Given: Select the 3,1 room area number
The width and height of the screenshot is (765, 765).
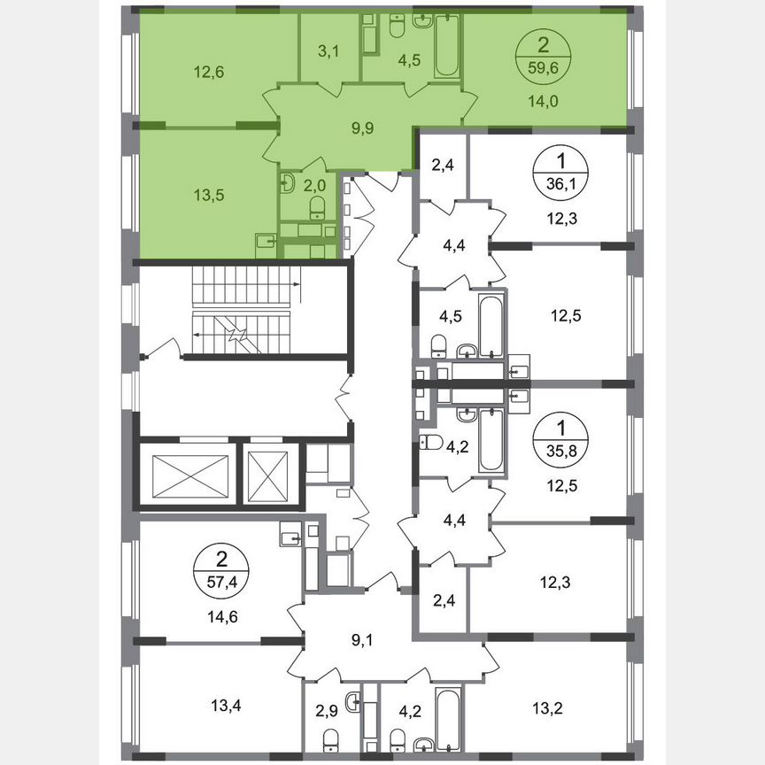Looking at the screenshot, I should [329, 52].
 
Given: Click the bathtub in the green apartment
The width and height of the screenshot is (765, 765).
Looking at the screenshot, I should [445, 46].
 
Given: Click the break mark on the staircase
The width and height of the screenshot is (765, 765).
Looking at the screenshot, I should [238, 336].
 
